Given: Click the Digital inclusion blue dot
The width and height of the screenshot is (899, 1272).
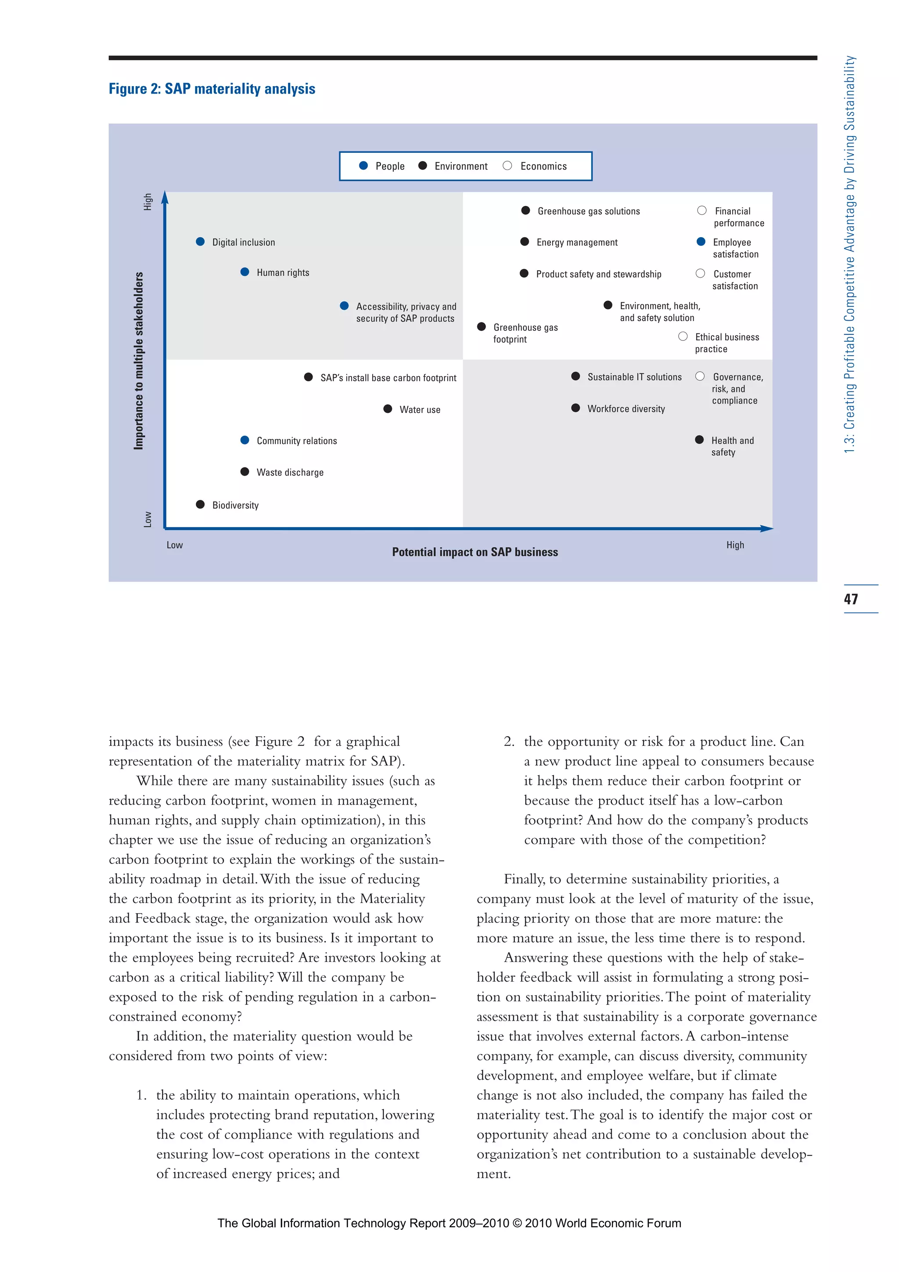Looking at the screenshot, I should [x=201, y=242].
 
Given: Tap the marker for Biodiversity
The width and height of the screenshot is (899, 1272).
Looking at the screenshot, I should [x=201, y=504].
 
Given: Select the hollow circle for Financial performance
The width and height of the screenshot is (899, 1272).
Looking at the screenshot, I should [x=702, y=210].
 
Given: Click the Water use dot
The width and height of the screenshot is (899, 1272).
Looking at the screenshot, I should [x=388, y=409].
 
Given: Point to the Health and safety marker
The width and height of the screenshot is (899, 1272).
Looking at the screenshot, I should [x=699, y=440].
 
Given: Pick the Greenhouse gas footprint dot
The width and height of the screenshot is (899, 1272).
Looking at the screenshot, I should [x=482, y=327].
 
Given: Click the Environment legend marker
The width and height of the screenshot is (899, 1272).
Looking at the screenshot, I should [x=422, y=166].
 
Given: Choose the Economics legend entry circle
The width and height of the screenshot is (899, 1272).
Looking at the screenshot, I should [x=507, y=166].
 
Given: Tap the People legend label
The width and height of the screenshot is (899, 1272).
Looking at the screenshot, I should [x=390, y=166].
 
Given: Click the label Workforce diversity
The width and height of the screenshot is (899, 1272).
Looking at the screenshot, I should [x=626, y=409].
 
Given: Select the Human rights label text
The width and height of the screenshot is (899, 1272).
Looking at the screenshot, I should [x=283, y=273].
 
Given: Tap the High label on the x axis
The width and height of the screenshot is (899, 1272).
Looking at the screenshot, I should [x=735, y=545].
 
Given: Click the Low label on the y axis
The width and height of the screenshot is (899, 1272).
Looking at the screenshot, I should [x=147, y=519].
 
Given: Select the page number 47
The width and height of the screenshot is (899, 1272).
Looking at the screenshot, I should [x=851, y=599].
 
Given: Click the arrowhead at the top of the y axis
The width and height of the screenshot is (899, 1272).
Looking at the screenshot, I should [x=165, y=197].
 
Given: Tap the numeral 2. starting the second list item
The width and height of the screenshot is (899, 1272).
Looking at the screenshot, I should [x=509, y=742].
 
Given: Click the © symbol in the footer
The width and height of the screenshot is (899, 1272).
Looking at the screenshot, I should [x=517, y=1223].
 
